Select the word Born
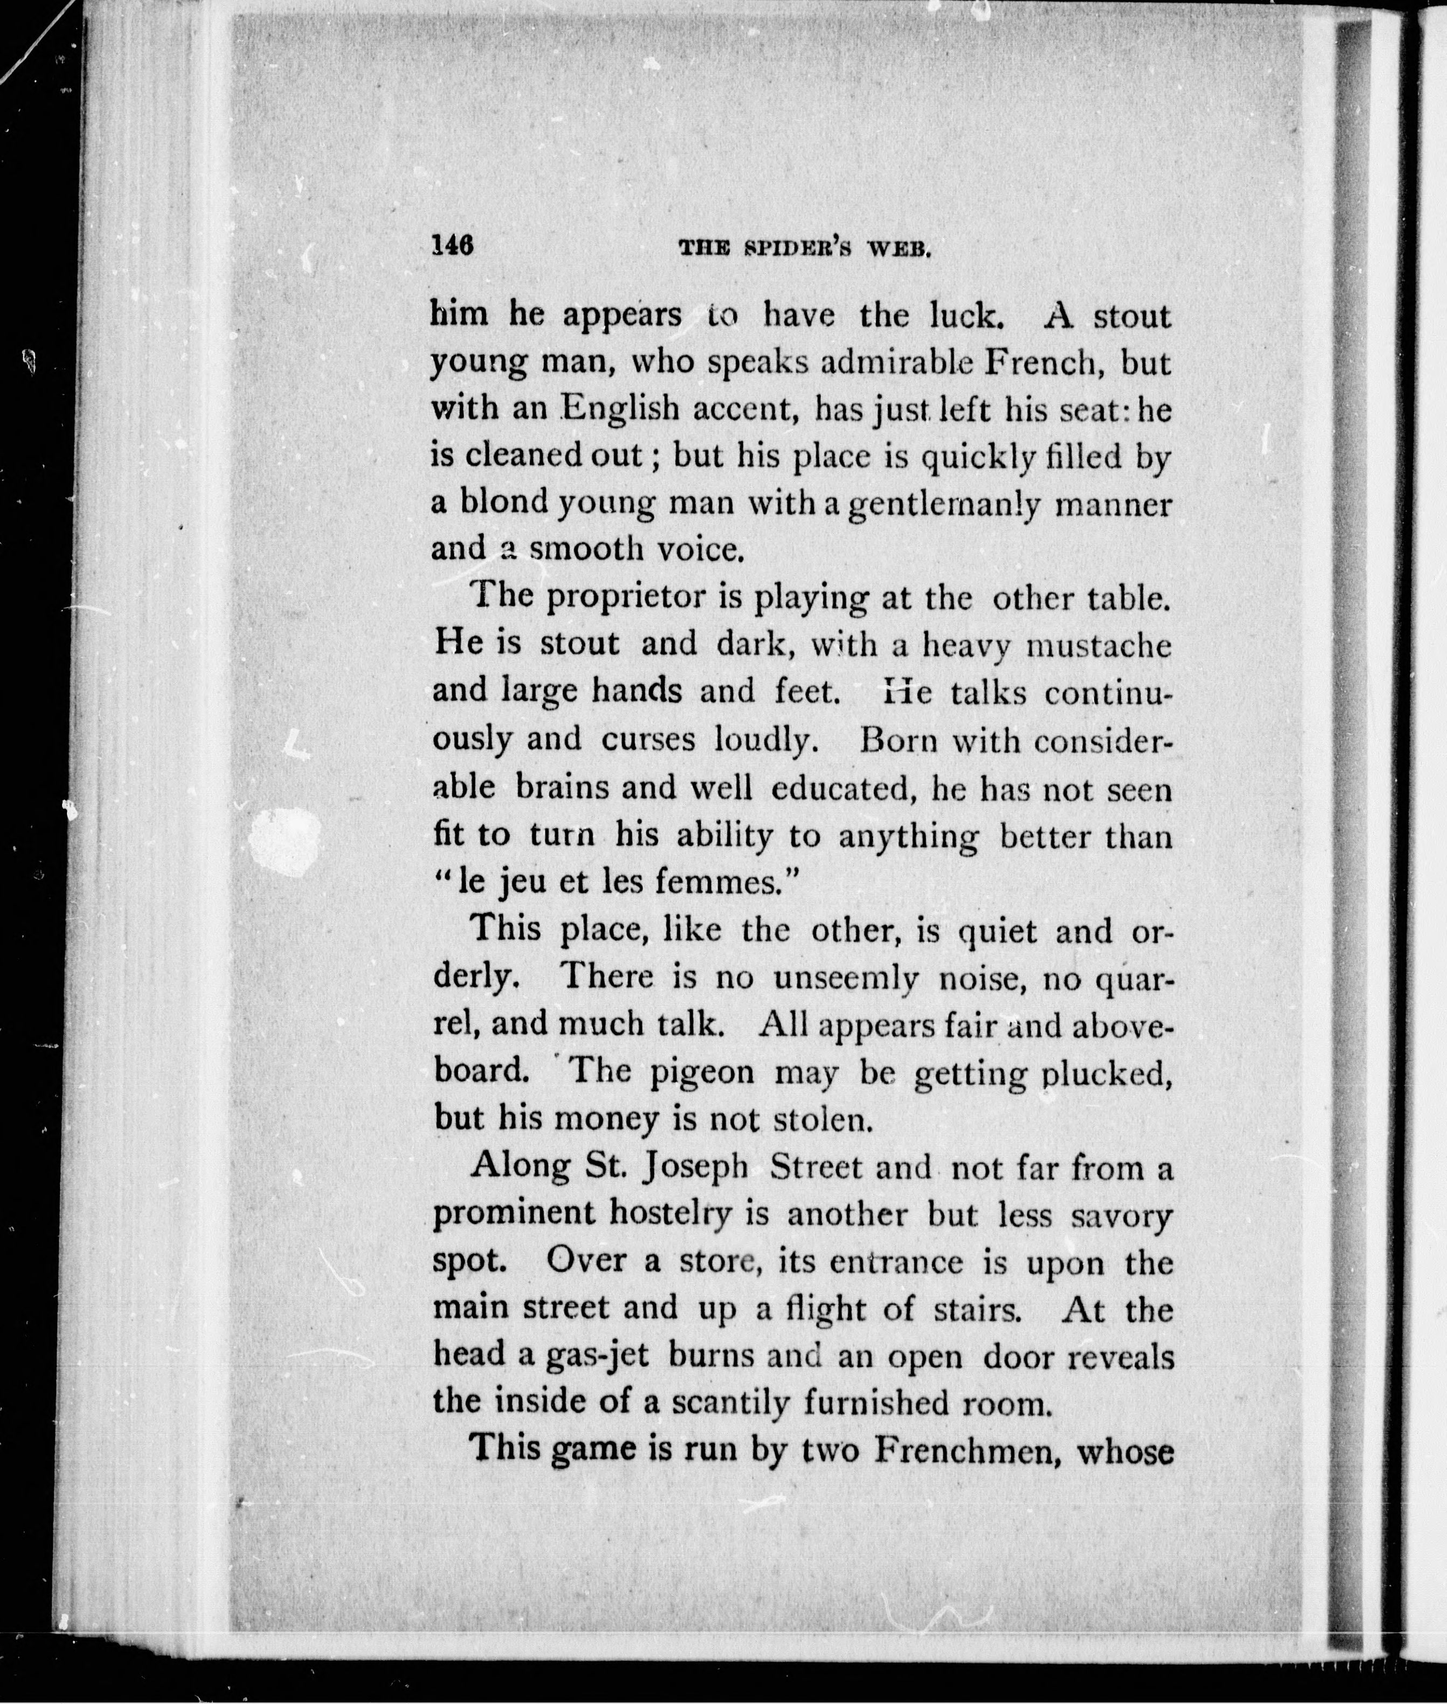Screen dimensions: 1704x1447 click(897, 741)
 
